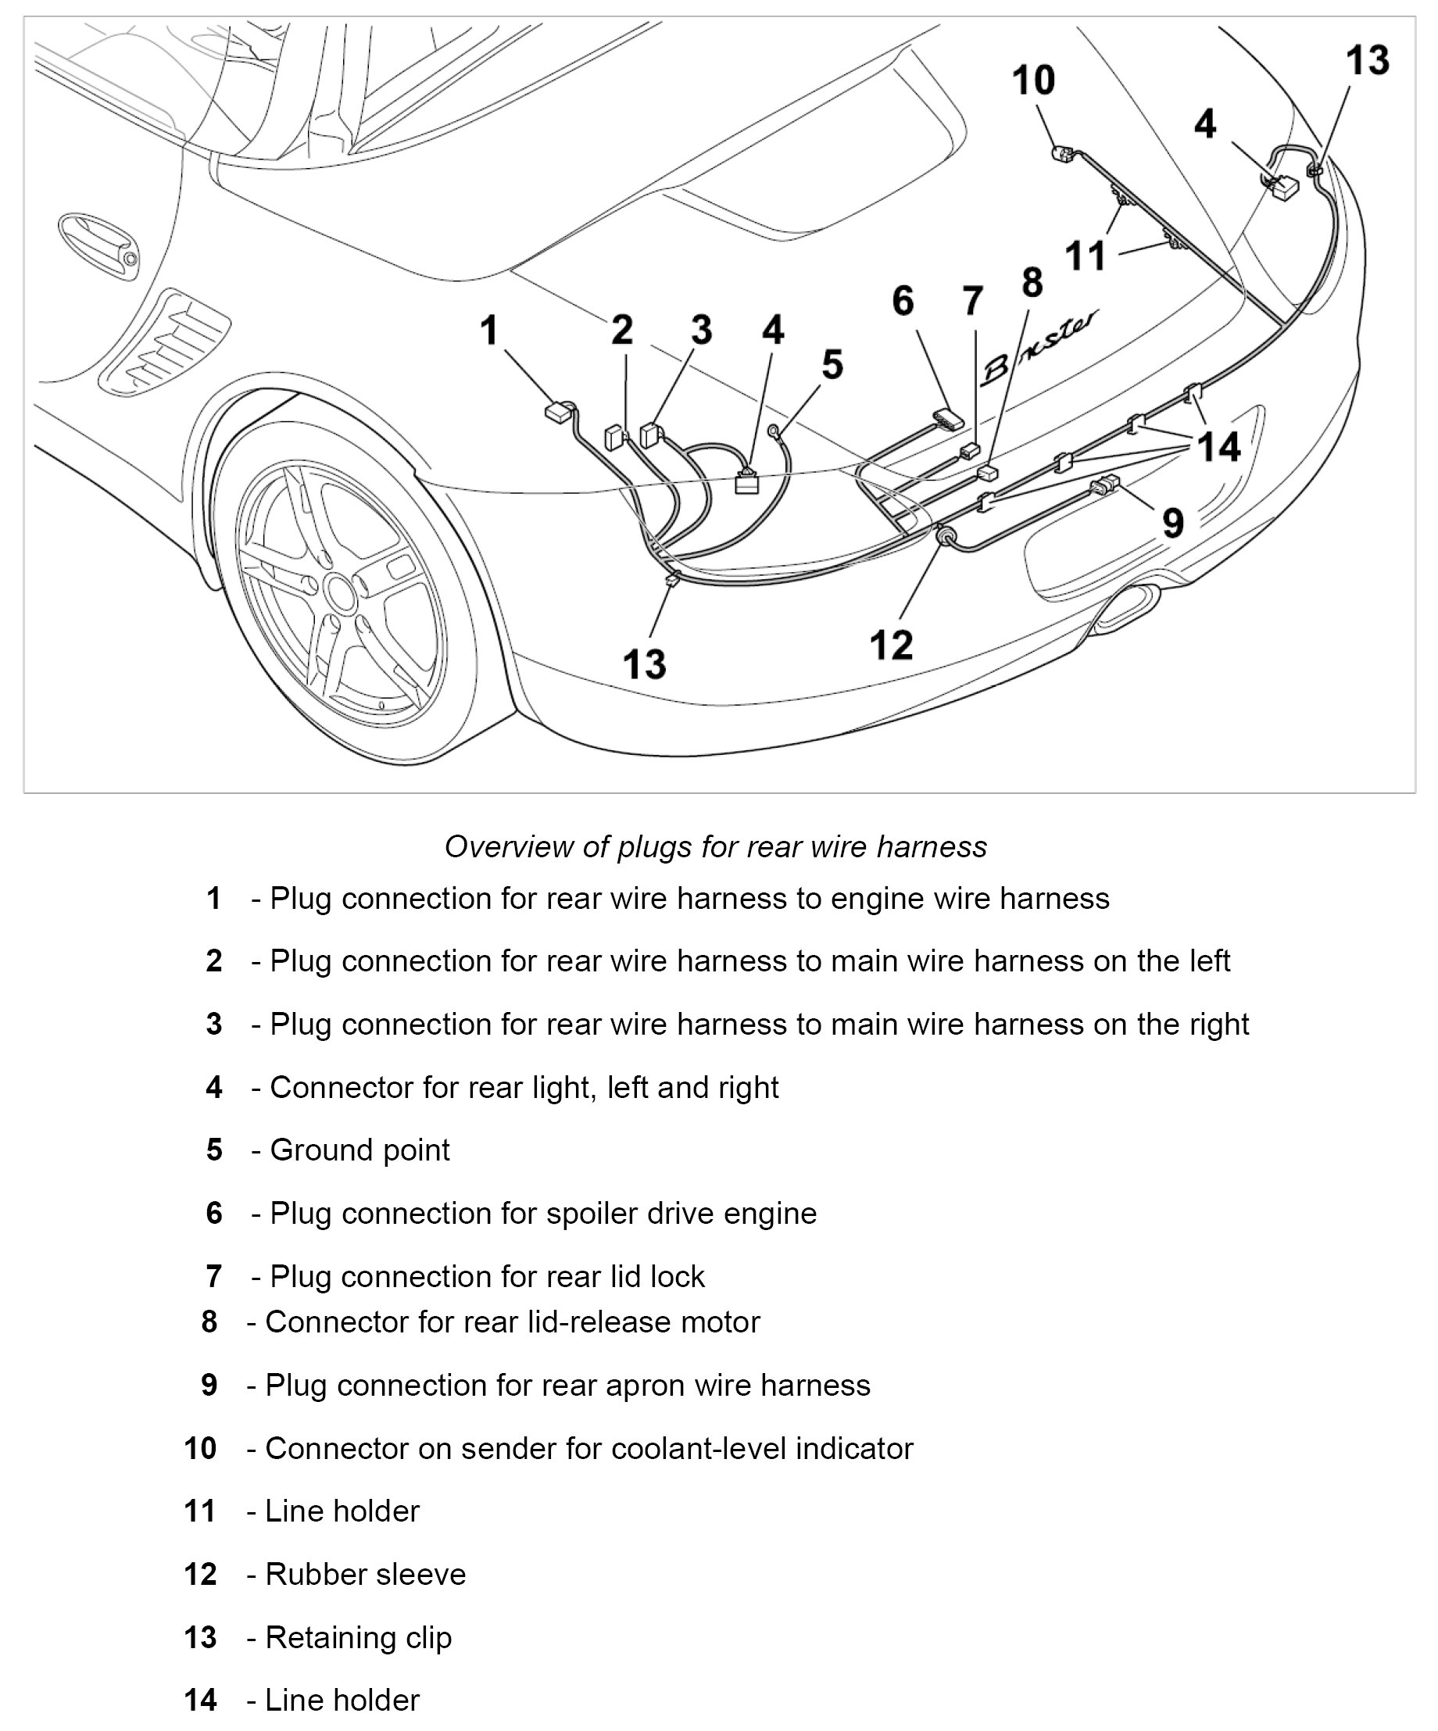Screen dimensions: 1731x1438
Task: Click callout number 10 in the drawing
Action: click(x=1033, y=80)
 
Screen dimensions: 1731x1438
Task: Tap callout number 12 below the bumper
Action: click(x=892, y=645)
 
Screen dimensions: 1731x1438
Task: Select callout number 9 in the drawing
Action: click(x=1172, y=523)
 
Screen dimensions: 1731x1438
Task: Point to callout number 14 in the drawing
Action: click(x=1218, y=448)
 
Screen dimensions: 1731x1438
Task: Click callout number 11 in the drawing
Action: click(x=1084, y=256)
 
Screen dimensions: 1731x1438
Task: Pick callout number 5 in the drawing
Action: click(x=832, y=364)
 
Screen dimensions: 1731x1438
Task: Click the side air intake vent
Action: click(x=165, y=342)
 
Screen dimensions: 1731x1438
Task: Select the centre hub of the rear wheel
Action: click(x=339, y=590)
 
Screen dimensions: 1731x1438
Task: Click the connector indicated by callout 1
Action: click(x=560, y=410)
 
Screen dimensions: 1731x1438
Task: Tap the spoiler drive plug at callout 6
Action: click(x=947, y=420)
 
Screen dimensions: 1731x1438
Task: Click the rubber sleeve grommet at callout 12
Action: click(x=945, y=538)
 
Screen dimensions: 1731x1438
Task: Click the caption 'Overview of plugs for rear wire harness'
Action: click(x=716, y=846)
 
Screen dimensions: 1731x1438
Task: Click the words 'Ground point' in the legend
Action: click(x=359, y=1150)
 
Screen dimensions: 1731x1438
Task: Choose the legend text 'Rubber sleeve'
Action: click(x=365, y=1574)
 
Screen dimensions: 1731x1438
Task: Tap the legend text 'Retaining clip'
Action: click(x=358, y=1637)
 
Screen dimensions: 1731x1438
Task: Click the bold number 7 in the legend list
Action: click(x=213, y=1276)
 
